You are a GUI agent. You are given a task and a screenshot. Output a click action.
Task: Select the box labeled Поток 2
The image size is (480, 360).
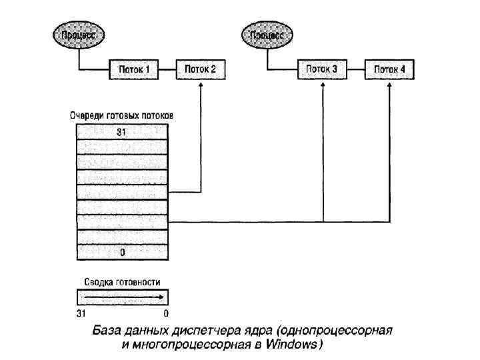coord(201,69)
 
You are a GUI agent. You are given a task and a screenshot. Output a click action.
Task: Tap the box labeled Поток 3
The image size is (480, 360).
coord(322,69)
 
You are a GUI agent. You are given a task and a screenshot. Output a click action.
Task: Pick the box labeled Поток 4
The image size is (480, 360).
coord(389,69)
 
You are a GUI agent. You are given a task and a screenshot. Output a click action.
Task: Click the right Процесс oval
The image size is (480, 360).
coord(267,35)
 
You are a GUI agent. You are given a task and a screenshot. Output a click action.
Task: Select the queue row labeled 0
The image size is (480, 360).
coord(122,253)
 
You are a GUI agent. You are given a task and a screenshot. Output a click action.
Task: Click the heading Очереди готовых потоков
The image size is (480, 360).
coord(122,115)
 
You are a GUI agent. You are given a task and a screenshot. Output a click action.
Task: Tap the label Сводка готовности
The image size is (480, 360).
coord(122,282)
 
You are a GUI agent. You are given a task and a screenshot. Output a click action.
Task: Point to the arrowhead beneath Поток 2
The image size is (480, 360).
coord(201,85)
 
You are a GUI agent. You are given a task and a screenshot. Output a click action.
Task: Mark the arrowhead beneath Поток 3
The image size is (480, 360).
coord(323,85)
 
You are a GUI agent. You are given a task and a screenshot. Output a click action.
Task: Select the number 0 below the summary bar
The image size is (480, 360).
coord(166,313)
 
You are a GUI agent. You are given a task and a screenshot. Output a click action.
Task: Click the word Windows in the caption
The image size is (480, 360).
coord(291,345)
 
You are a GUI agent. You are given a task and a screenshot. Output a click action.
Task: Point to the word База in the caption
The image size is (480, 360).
coord(107,331)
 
